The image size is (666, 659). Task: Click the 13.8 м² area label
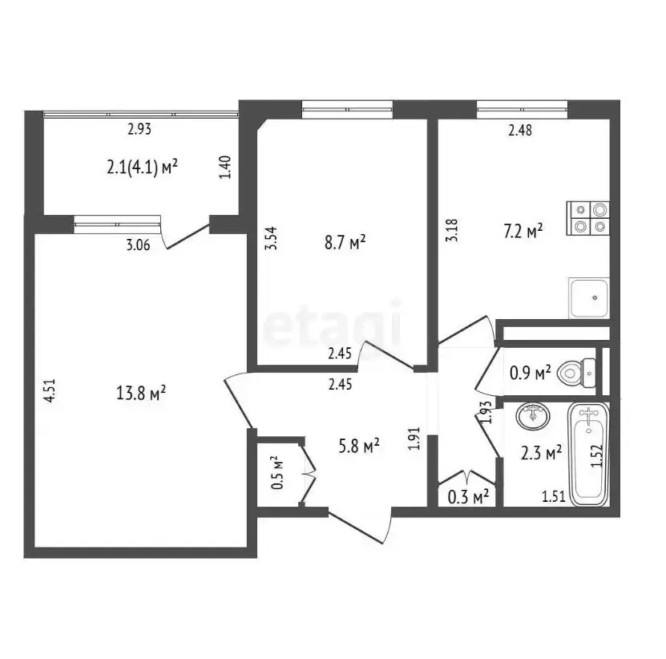[x=141, y=393]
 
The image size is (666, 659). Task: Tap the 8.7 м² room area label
[x=345, y=243]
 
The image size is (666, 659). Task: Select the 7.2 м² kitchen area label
[x=523, y=232]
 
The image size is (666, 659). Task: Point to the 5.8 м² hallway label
[x=359, y=446]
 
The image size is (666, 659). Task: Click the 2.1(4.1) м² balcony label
[x=142, y=167]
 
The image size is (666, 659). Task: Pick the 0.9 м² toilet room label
[x=530, y=373]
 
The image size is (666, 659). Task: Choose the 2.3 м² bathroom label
[x=542, y=453]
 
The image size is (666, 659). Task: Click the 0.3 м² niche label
[x=469, y=496]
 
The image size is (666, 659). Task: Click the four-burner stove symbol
[x=588, y=218]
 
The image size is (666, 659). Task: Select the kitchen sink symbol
[x=589, y=298]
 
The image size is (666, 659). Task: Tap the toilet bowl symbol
[x=576, y=374]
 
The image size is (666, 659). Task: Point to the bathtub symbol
[x=589, y=455]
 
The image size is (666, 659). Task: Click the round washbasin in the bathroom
[x=533, y=416]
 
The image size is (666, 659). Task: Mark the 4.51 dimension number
[x=50, y=390]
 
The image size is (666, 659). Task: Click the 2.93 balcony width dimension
[x=139, y=128]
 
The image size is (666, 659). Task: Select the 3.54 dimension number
[x=271, y=238]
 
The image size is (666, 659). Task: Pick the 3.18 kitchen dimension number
[x=452, y=230]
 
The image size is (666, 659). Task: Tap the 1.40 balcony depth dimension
[x=226, y=167]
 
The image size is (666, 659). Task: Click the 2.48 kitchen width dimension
[x=520, y=130]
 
